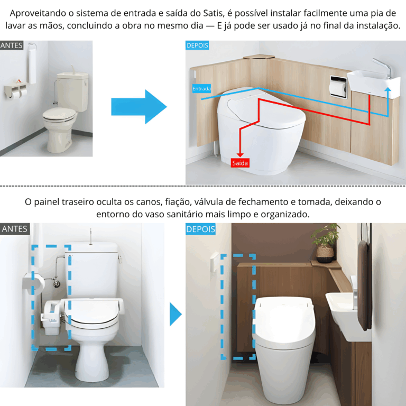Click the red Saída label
240,163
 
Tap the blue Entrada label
201,89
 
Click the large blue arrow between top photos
139,107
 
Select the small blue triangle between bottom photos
176,314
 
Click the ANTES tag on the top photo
12,45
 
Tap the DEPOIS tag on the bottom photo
200,229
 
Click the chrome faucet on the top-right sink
383,68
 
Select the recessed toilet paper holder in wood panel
338,87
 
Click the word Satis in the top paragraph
213,13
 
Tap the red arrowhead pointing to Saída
240,155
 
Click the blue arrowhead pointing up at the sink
387,89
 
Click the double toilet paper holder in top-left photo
15,90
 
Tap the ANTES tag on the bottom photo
15,229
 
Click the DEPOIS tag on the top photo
197,45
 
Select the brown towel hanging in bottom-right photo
365,285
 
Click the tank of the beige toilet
73,90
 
